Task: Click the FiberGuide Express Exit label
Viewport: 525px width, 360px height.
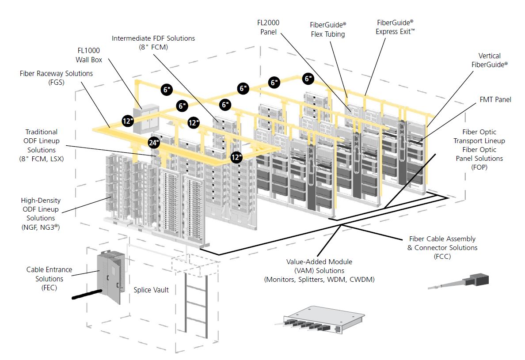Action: [x=395, y=27]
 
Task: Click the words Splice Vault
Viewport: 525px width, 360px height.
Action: [x=151, y=290]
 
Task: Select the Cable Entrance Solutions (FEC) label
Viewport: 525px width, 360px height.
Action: [x=49, y=279]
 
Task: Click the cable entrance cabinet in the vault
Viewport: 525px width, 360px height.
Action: [x=109, y=277]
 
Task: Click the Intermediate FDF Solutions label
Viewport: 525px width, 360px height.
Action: [x=153, y=42]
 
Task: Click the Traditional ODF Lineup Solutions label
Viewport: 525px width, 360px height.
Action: [x=41, y=145]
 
